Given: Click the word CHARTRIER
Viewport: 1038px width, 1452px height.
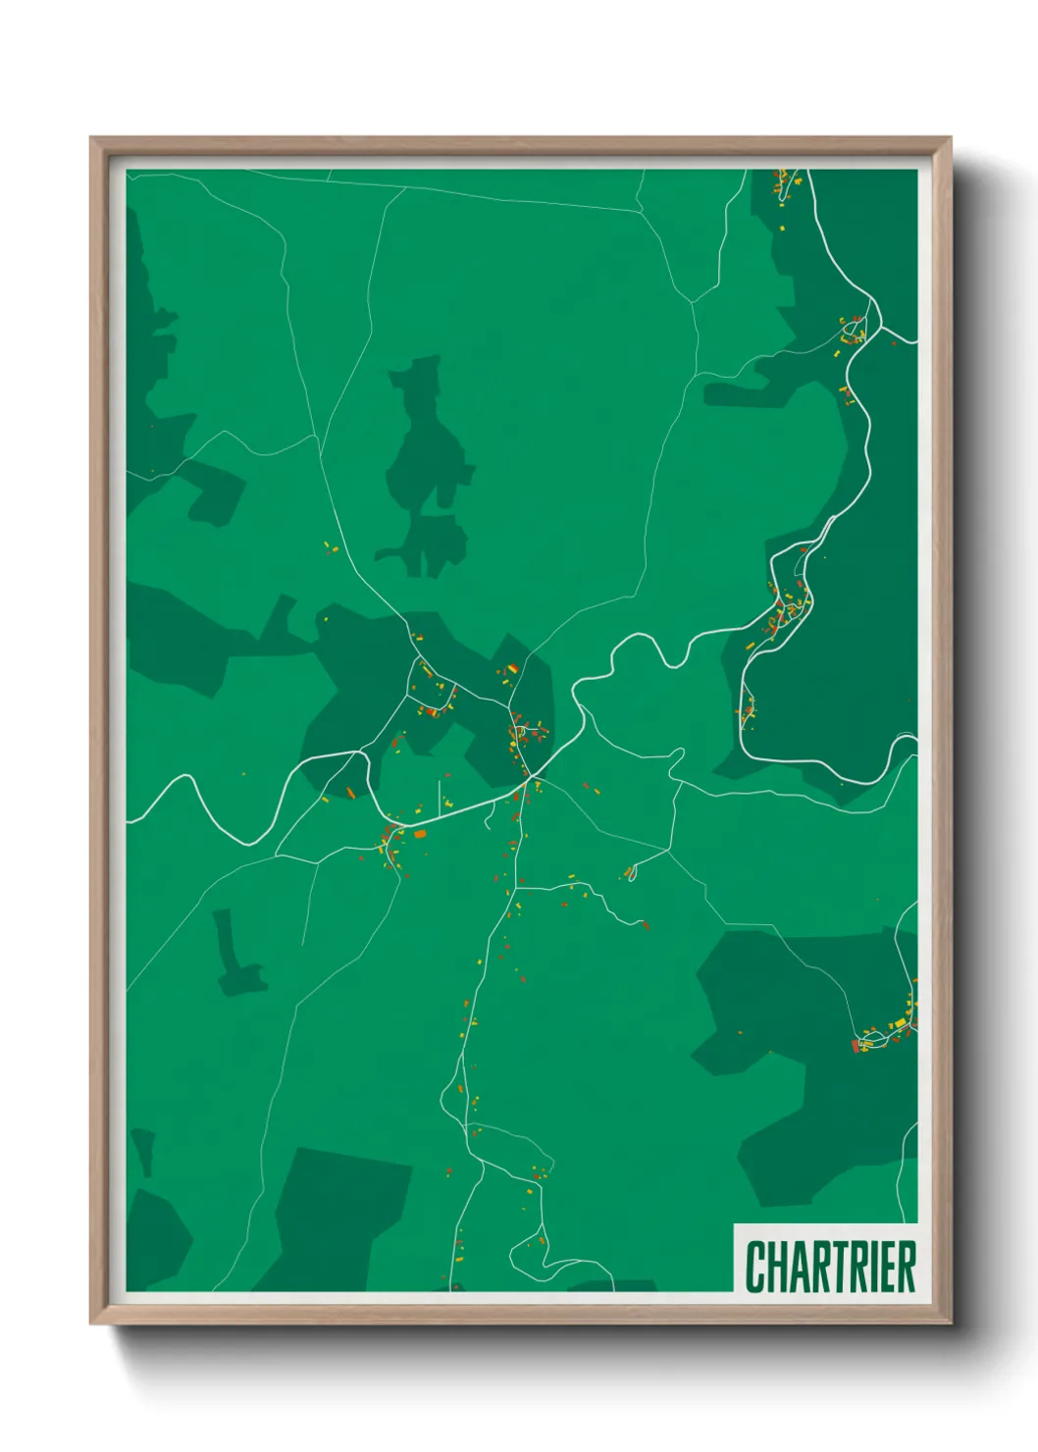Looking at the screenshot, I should pos(830,1267).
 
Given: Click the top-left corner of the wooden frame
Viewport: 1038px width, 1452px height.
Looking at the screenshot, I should pos(92,139).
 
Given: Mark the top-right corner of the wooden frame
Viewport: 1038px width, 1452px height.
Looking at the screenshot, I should pos(950,139).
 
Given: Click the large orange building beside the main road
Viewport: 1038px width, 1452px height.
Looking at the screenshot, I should pos(420,834).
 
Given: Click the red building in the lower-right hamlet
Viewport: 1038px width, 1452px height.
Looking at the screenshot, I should pos(856,1047).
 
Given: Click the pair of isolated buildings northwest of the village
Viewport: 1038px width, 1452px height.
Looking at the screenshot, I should pos(330,548).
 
